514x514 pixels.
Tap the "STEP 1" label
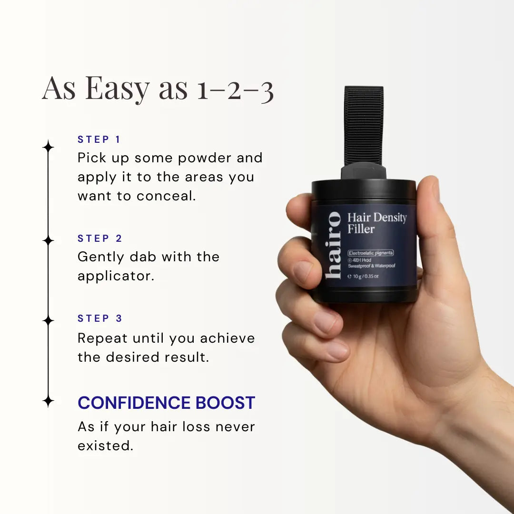pyautogui.click(x=99, y=139)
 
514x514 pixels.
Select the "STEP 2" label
pyautogui.click(x=100, y=238)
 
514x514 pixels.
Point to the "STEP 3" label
pyautogui.click(x=100, y=318)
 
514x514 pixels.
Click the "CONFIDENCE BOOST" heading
pyautogui.click(x=167, y=403)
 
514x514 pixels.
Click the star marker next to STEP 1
pyautogui.click(x=48, y=146)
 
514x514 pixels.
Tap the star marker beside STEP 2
pyautogui.click(x=48, y=240)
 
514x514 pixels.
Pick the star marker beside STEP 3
pyautogui.click(x=48, y=320)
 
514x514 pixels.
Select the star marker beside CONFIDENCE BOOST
pyautogui.click(x=48, y=401)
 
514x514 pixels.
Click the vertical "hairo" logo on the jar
pyautogui.click(x=334, y=245)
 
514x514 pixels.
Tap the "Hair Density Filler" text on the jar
pyautogui.click(x=376, y=223)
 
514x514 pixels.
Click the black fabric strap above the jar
pyautogui.click(x=364, y=124)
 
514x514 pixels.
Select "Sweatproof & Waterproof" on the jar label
pyautogui.click(x=372, y=266)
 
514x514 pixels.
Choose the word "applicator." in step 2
pyautogui.click(x=116, y=276)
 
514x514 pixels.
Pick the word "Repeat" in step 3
pyautogui.click(x=102, y=338)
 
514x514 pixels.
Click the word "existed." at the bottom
pyautogui.click(x=105, y=446)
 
